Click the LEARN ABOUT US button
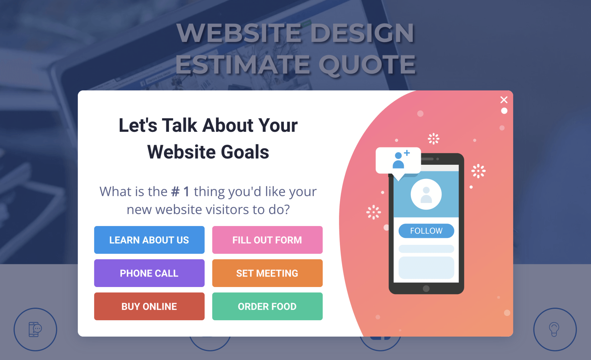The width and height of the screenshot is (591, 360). (x=149, y=240)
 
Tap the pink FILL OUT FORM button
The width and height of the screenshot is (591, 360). (x=267, y=240)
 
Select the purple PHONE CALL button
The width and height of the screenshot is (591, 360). (x=149, y=273)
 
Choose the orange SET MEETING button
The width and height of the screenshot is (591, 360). (x=267, y=273)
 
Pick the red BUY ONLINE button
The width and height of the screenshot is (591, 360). (x=149, y=306)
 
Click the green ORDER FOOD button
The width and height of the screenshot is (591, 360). (x=267, y=306)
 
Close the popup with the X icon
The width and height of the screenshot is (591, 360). (x=504, y=100)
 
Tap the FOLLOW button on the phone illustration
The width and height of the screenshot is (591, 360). (x=426, y=231)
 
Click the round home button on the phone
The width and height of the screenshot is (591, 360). (x=426, y=289)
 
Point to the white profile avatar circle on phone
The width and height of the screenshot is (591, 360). (x=426, y=194)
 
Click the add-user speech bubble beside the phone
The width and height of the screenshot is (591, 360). (x=398, y=162)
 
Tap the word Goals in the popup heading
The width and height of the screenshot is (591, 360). (x=245, y=152)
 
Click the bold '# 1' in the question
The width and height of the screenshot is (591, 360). (x=180, y=192)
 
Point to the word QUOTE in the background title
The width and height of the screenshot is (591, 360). (x=367, y=65)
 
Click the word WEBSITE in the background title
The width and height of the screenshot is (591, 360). (x=239, y=33)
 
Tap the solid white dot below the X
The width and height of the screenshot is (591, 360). (x=504, y=111)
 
